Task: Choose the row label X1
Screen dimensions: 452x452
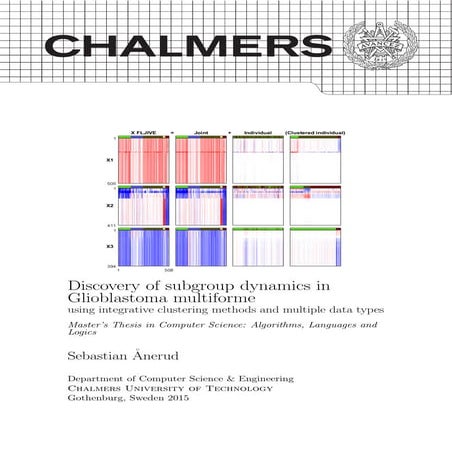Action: coord(109,159)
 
